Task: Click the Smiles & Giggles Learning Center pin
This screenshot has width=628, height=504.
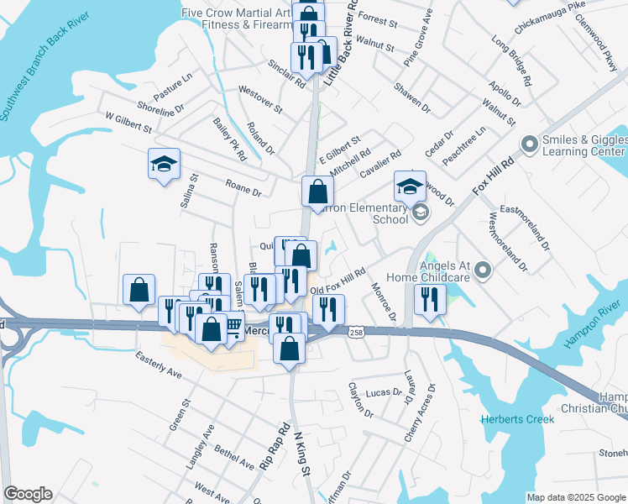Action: click(x=530, y=145)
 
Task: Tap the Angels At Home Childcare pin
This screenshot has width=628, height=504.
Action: click(x=482, y=270)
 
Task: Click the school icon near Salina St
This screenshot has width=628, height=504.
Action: click(x=165, y=164)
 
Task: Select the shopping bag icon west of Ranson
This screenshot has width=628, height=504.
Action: click(x=139, y=290)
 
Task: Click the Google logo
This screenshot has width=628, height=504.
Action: click(x=28, y=494)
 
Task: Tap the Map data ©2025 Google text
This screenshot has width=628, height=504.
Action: click(x=575, y=497)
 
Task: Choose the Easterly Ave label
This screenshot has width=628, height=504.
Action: click(x=160, y=365)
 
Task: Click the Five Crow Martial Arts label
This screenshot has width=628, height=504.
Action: click(x=235, y=13)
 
